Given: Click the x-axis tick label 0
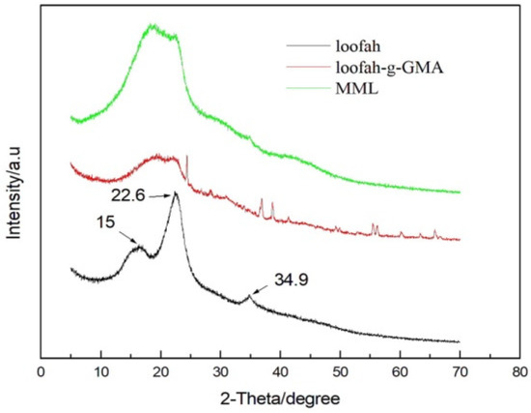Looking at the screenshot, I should (41, 369).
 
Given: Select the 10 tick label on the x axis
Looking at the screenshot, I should (100, 369).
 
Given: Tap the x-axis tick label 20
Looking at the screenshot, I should (160, 369).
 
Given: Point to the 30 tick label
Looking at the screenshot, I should (220, 369).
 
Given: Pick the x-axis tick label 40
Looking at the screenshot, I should (280, 369).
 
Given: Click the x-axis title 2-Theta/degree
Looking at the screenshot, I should (279, 398).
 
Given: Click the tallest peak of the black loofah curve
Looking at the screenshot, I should (176, 196).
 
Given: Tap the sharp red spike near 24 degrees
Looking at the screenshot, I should (186, 157).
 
